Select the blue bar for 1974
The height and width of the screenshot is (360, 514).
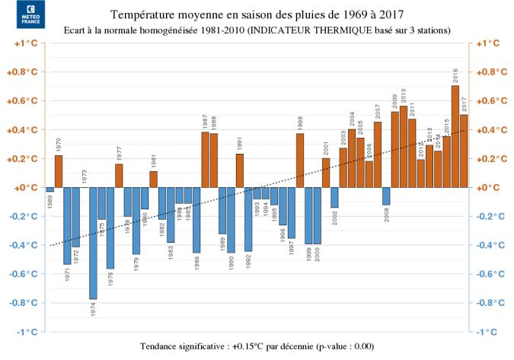pos(93,243)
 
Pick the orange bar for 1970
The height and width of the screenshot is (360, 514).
pos(59,171)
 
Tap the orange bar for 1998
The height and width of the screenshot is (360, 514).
pos(300,161)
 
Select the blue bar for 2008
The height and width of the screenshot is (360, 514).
pos(386,196)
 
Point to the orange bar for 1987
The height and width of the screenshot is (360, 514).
pos(205,160)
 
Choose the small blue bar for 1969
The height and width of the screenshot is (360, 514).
pos(50,190)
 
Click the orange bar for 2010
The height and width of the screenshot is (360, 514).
pos(404,146)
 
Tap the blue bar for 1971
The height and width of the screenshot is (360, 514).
pos(67,225)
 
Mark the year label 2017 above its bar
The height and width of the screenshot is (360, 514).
pos(464,105)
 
